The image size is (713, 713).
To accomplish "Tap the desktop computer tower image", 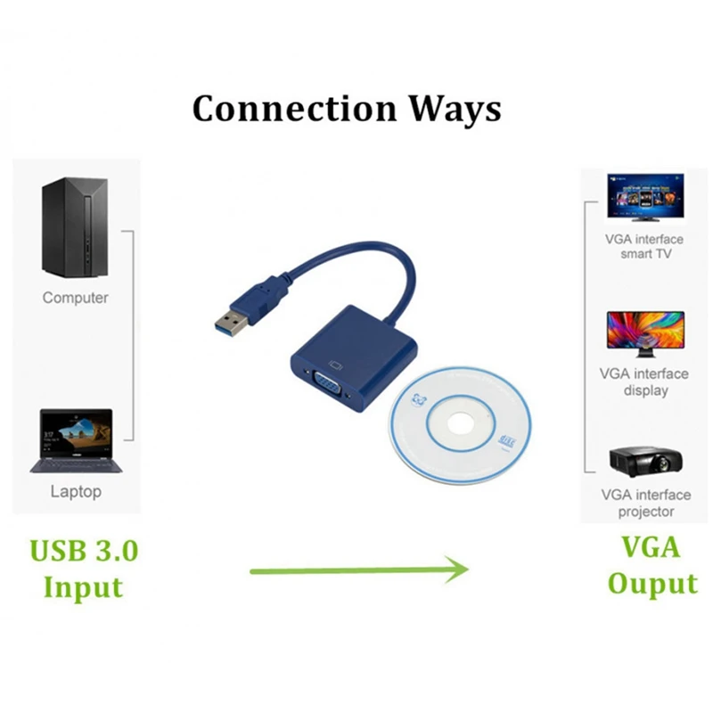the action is [x=76, y=226].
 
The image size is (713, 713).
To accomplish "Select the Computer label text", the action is [x=76, y=298].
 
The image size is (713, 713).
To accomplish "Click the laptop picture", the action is [x=75, y=440].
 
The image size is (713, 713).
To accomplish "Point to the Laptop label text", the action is [x=76, y=491].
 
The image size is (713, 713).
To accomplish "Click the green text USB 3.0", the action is [x=85, y=550].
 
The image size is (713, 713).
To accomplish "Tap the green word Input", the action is [x=84, y=587].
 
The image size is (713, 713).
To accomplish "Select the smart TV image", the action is [x=645, y=196].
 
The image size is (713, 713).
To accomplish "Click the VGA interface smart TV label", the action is [x=644, y=247].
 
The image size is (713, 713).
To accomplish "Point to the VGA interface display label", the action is [x=644, y=382].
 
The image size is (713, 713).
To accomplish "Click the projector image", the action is [x=644, y=461].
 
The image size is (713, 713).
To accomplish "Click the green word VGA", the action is [x=652, y=547].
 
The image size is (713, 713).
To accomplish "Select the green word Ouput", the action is [x=652, y=585].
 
